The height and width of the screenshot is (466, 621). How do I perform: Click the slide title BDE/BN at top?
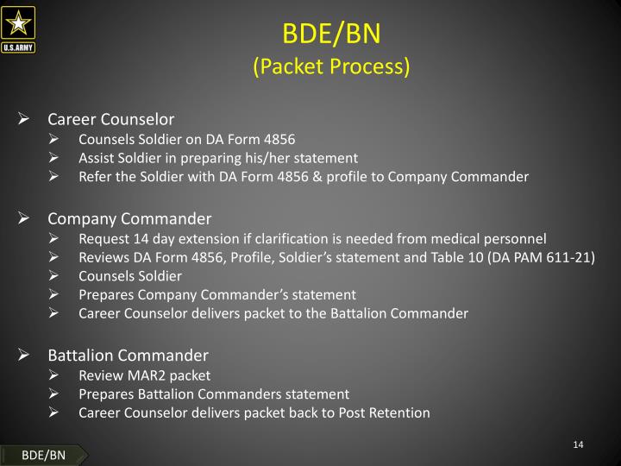pyautogui.click(x=331, y=34)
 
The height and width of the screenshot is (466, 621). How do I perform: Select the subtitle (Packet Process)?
pyautogui.click(x=331, y=66)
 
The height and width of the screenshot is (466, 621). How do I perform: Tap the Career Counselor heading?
pyautogui.click(x=110, y=119)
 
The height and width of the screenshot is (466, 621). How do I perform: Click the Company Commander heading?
pyautogui.click(x=129, y=218)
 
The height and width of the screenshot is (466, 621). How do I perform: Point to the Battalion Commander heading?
pyautogui.click(x=128, y=355)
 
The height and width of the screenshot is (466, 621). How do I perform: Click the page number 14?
pyautogui.click(x=578, y=444)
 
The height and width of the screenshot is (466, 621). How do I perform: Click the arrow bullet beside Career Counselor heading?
pyautogui.click(x=25, y=119)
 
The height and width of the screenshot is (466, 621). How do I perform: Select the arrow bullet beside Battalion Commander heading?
pyautogui.click(x=25, y=355)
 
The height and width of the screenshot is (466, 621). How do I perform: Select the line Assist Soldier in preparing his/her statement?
pyautogui.click(x=217, y=158)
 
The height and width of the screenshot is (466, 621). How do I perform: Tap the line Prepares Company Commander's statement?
pyautogui.click(x=216, y=295)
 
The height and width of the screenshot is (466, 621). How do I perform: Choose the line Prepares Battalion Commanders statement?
pyautogui.click(x=213, y=394)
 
